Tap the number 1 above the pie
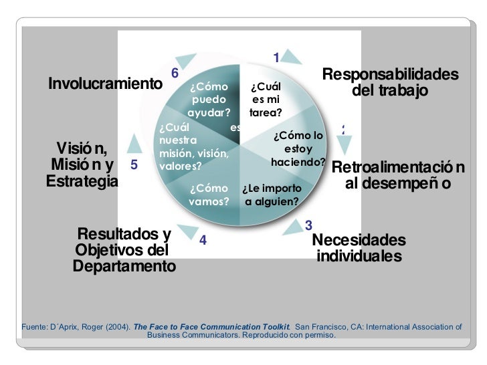[x=276, y=58]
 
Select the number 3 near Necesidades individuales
[x=308, y=224]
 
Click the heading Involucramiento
[x=106, y=85]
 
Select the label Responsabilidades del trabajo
[x=390, y=82]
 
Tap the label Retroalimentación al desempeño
[x=398, y=175]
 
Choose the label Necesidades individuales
[x=359, y=247]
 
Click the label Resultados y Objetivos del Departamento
[x=124, y=250]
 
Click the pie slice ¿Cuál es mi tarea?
[x=266, y=100]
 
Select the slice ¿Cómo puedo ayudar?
[x=209, y=100]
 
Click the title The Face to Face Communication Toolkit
[x=211, y=327]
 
